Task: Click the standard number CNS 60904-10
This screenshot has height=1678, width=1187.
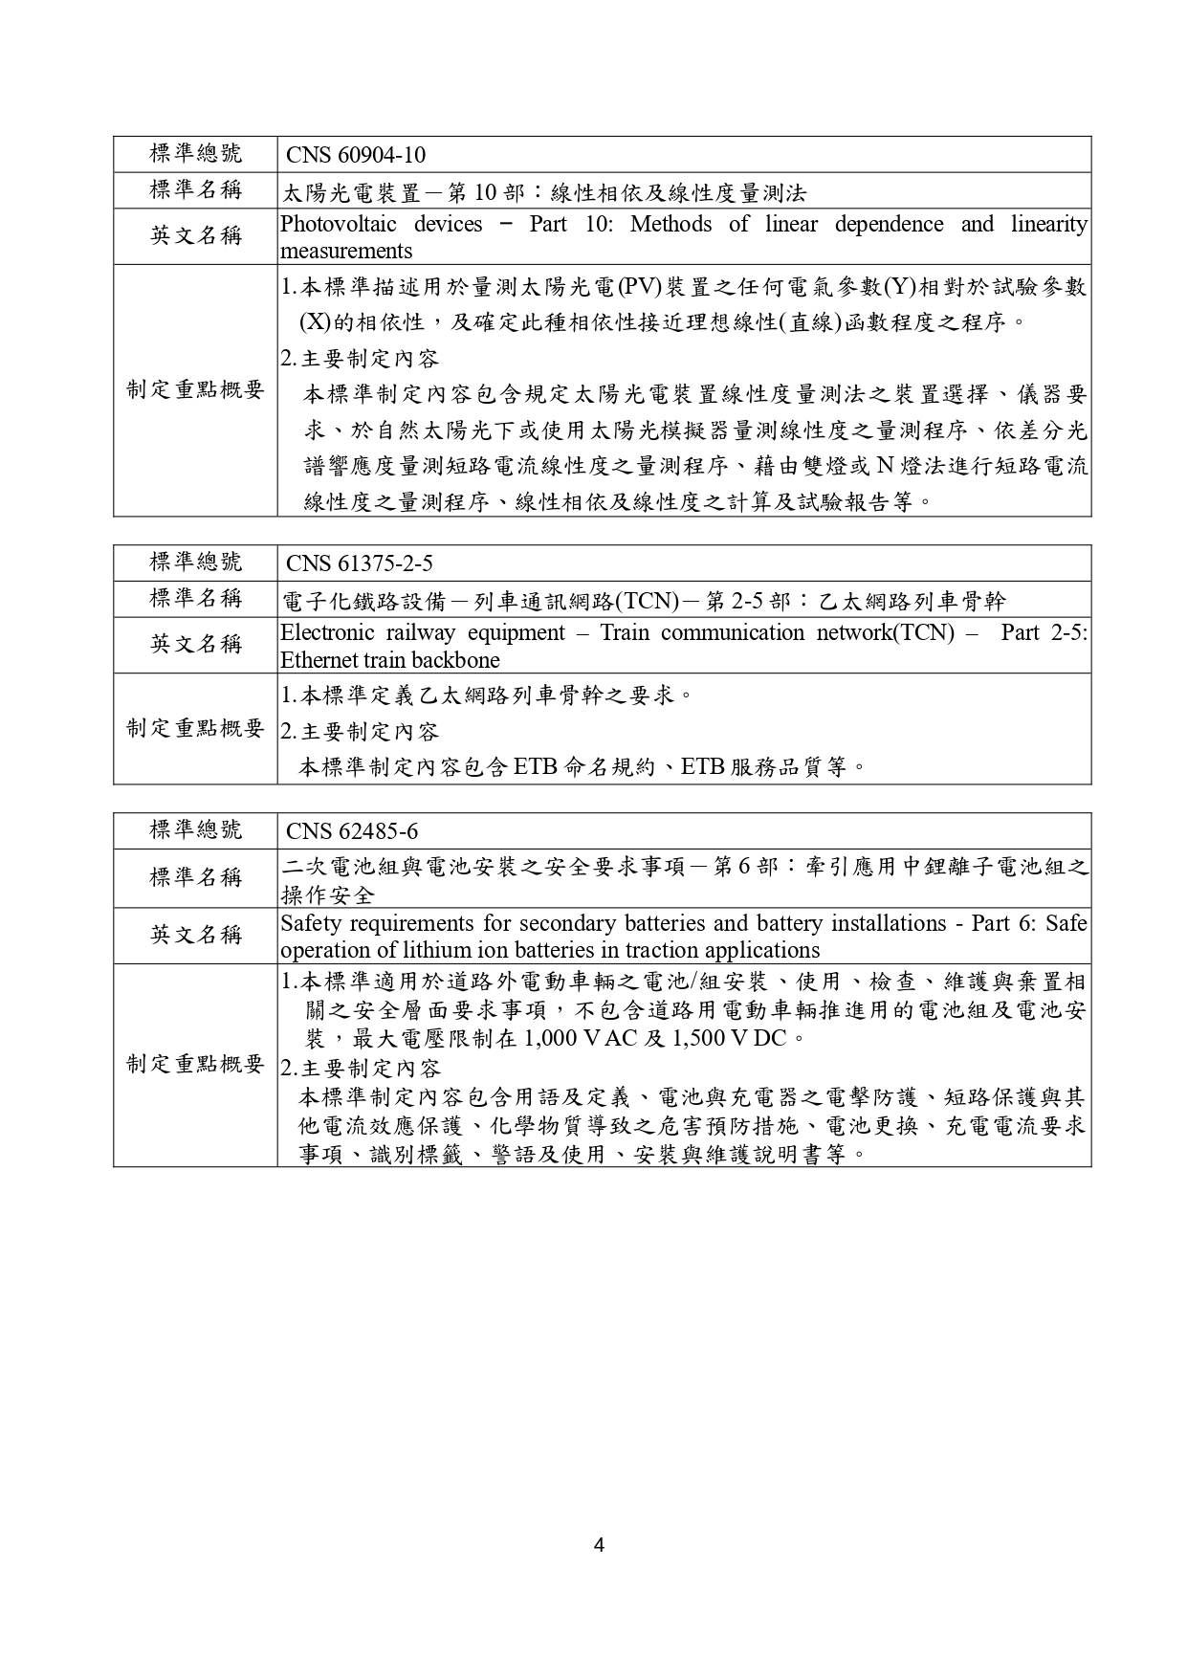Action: tap(356, 156)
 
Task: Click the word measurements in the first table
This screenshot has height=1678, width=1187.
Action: tap(346, 252)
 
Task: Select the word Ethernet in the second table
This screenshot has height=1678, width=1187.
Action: tap(319, 660)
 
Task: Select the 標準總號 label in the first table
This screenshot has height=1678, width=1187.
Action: tap(196, 154)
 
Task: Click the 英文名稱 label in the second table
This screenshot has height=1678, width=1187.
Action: tap(196, 644)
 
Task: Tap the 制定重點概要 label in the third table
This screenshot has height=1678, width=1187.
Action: tap(196, 1064)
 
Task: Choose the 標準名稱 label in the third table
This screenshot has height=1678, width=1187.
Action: tap(196, 877)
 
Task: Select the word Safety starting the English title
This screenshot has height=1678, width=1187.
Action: tap(311, 924)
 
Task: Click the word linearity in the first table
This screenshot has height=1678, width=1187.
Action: tap(1048, 225)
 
